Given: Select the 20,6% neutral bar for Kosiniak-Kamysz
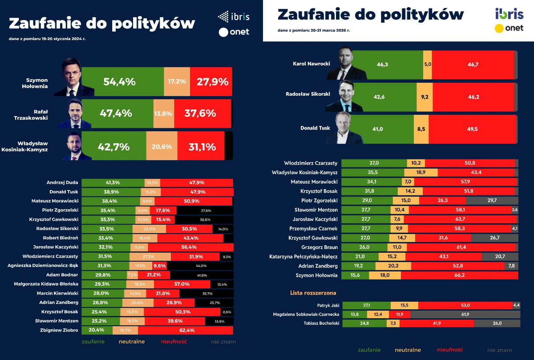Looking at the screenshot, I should (162, 146).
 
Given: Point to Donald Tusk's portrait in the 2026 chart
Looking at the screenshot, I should (349, 129).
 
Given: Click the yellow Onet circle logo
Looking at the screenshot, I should (499, 28).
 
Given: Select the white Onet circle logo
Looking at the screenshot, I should (223, 32).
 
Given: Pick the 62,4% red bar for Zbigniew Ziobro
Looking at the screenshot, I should (185, 330).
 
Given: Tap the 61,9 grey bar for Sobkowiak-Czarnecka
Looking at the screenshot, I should (465, 315).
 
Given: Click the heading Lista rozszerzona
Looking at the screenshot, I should (313, 293).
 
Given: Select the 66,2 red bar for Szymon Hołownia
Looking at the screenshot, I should (459, 275).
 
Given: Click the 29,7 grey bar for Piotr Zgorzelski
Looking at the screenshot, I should (492, 201).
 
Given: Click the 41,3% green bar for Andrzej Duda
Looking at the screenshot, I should (113, 182).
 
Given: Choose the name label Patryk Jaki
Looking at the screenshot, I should (329, 306).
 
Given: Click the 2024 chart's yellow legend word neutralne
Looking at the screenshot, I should (131, 342).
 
